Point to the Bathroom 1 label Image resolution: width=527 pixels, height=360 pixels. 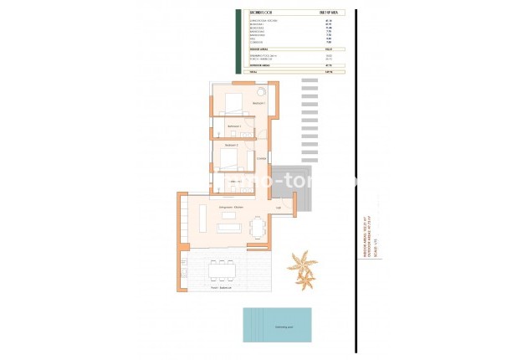coord(234,126)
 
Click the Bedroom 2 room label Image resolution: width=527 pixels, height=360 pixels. coord(231,145)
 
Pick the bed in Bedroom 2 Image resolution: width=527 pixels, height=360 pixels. coord(231,158)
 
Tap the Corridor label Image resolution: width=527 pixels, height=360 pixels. coord(261,158)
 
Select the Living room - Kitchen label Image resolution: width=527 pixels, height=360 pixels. coord(231,206)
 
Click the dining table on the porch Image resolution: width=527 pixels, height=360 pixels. coord(222,269)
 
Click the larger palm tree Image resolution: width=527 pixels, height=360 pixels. coord(301,267)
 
